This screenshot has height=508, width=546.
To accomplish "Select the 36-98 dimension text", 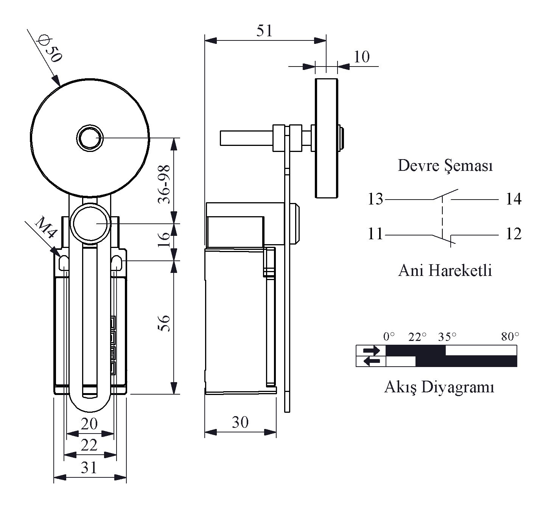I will pyautogui.click(x=164, y=184).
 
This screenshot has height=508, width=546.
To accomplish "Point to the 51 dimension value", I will pyautogui.click(x=264, y=30).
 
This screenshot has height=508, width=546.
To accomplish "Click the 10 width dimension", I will pyautogui.click(x=361, y=57).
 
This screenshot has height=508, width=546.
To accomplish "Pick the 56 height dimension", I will pyautogui.click(x=164, y=323).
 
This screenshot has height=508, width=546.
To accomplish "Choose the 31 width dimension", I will pyautogui.click(x=89, y=468).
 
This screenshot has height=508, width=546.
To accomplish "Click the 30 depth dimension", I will pyautogui.click(x=240, y=422).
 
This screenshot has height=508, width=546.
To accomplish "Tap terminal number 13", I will pyautogui.click(x=375, y=199).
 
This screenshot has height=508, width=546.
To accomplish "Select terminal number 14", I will pyautogui.click(x=513, y=199).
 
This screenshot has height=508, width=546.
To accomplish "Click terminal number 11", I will pyautogui.click(x=375, y=234).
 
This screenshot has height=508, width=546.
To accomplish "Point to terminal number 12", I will pyautogui.click(x=513, y=234).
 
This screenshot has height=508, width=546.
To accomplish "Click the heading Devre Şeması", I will pyautogui.click(x=445, y=166).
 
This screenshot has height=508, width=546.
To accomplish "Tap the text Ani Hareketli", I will pyautogui.click(x=445, y=271).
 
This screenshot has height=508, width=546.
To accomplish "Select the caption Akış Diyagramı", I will pyautogui.click(x=439, y=387).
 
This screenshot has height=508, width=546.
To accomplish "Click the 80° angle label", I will pyautogui.click(x=510, y=337).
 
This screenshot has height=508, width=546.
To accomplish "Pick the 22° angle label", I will pyautogui.click(x=417, y=337).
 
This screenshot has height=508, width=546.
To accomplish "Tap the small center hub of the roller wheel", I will pyautogui.click(x=90, y=138).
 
